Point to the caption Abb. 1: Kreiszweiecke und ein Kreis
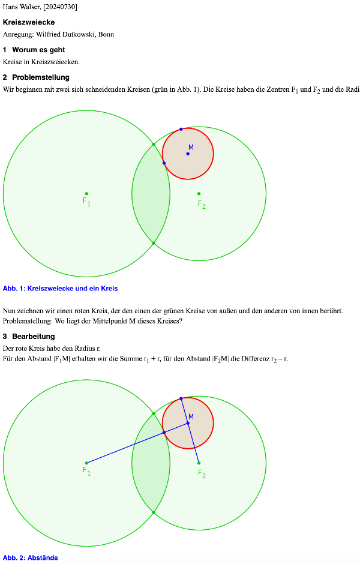pyautogui.click(x=60, y=289)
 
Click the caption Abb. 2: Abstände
pyautogui.click(x=30, y=558)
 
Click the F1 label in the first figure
pyautogui.click(x=86, y=202)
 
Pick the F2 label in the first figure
pyautogui.click(x=202, y=205)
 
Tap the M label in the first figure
pyautogui.click(x=191, y=148)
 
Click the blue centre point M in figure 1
pyautogui.click(x=187, y=154)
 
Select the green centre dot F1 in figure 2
pyautogui.click(x=86, y=463)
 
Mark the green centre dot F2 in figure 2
pyautogui.click(x=199, y=463)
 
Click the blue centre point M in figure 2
pyautogui.click(x=187, y=423)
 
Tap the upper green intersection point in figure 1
pyautogui.click(x=154, y=144)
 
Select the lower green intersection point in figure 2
pyautogui.click(x=154, y=512)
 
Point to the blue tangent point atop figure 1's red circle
pyautogui.click(x=181, y=129)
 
